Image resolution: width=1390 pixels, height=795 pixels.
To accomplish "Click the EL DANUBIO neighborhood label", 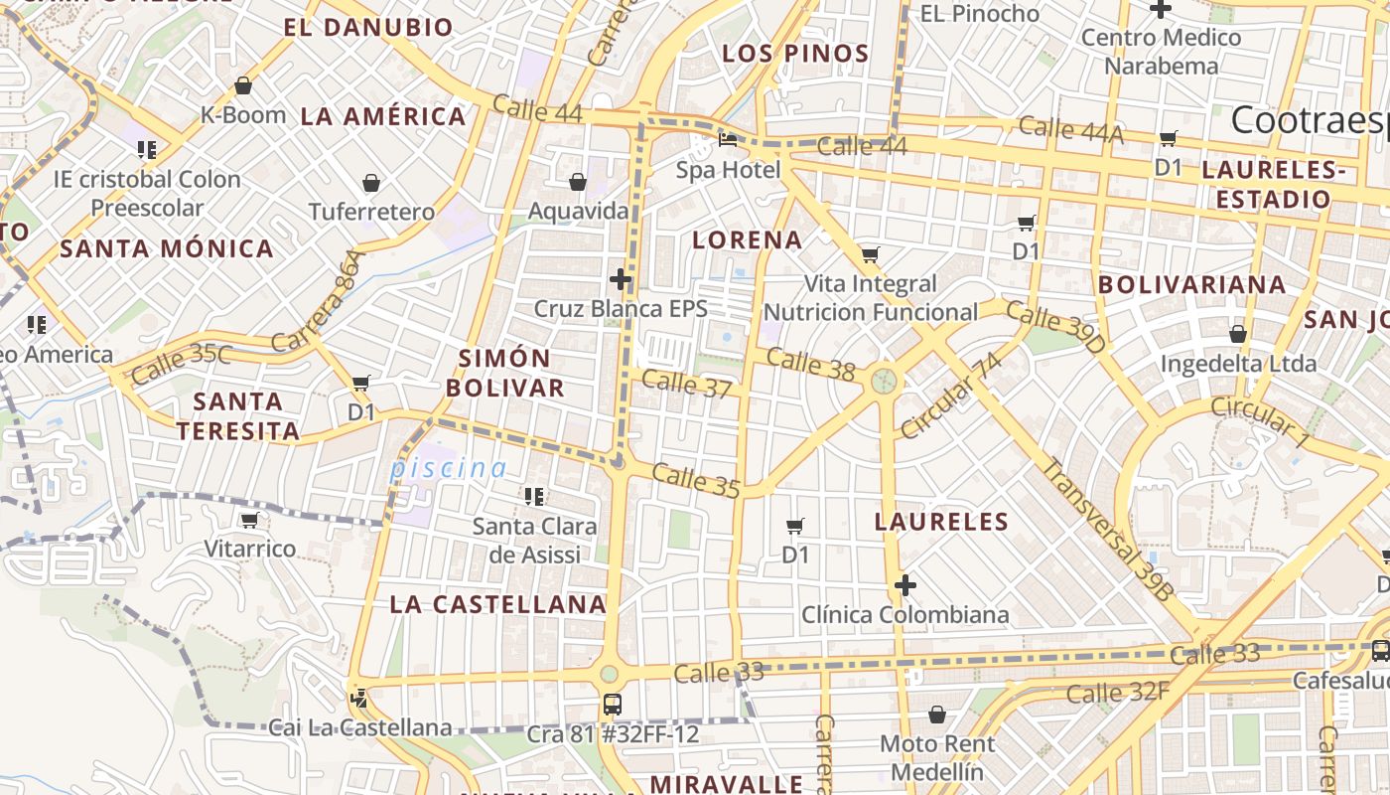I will (368, 27).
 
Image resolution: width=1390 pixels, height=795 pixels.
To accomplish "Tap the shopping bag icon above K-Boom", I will (243, 85).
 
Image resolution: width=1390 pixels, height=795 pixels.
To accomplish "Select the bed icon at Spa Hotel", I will (728, 140).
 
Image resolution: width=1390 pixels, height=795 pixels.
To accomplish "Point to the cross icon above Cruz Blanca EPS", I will (621, 279).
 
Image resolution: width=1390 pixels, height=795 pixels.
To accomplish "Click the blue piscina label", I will (449, 468).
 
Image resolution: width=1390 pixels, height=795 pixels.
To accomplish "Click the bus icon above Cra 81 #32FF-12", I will (613, 705).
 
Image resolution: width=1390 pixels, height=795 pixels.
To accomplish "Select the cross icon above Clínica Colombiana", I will (904, 585).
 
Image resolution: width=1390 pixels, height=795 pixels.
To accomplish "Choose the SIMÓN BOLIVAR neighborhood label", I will (505, 373).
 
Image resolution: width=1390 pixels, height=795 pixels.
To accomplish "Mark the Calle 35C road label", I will (181, 364).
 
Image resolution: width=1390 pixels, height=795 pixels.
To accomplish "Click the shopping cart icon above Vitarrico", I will (249, 520).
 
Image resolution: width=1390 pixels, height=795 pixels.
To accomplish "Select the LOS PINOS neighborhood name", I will (795, 54).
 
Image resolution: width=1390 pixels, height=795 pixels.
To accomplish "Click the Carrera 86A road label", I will (320, 301).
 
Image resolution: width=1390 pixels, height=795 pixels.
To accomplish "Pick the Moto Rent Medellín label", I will (936, 757).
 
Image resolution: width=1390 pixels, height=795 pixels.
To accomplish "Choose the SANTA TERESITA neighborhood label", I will (237, 416).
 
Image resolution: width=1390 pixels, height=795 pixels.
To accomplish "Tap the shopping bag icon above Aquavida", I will (578, 182).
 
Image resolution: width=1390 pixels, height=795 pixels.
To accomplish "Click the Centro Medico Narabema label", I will (1161, 52).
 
